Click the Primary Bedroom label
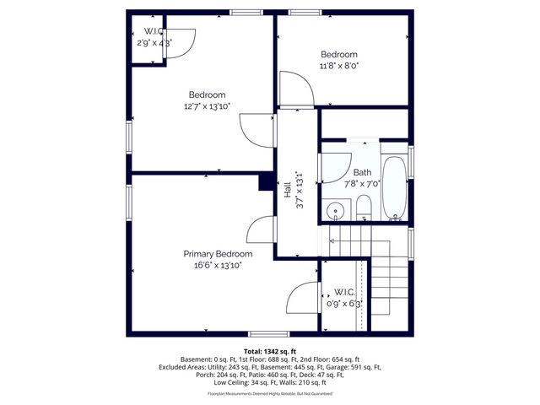pyautogui.click(x=218, y=254)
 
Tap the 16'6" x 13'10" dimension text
pyautogui.click(x=218, y=265)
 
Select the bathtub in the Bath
pyautogui.click(x=394, y=187)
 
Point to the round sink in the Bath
pyautogui.click(x=336, y=209)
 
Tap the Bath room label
pyautogui.click(x=363, y=172)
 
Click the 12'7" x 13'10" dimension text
pyautogui.click(x=207, y=106)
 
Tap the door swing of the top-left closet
pyautogui.click(x=181, y=42)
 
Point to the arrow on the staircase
pyautogui.click(x=332, y=241)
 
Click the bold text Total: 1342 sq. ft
pyautogui.click(x=269, y=350)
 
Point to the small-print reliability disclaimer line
pyautogui.click(x=269, y=393)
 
